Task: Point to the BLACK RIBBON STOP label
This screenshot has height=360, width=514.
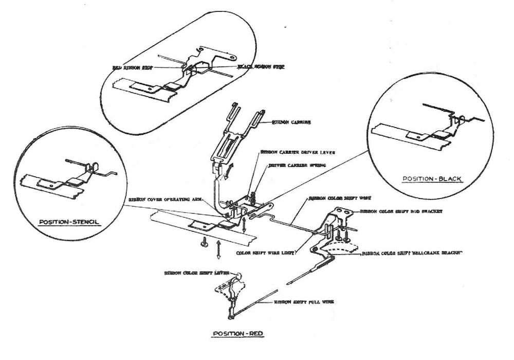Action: point(260,67)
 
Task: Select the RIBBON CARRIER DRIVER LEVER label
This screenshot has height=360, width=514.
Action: point(292,152)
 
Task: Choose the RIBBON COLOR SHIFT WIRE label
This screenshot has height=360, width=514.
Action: point(333,197)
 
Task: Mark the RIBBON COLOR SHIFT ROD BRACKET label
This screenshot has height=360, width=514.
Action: point(401,211)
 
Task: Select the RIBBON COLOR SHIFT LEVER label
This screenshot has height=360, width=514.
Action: point(193,273)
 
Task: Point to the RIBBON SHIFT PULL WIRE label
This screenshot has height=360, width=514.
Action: point(304,302)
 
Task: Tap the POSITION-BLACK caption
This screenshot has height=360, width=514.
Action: point(432,179)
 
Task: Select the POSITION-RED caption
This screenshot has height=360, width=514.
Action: point(238,334)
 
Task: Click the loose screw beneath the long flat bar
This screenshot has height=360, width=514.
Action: point(204,242)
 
